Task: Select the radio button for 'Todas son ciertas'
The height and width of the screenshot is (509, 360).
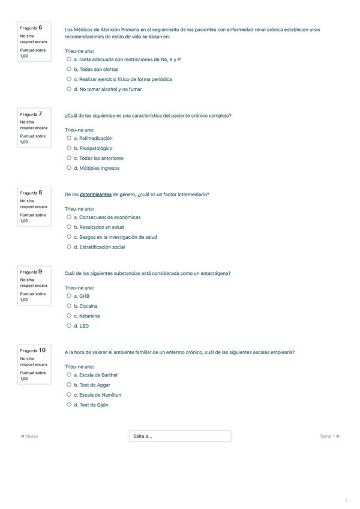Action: coord(70,70)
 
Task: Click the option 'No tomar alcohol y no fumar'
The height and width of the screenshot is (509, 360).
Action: coord(108,89)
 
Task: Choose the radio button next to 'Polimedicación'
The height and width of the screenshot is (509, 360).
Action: coord(70,138)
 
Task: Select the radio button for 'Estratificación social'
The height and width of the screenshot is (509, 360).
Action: coord(70,247)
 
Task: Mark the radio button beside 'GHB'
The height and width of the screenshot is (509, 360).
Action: coord(70,296)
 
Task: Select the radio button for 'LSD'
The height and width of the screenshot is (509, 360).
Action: coord(70,326)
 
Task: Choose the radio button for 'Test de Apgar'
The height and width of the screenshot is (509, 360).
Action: coord(70,385)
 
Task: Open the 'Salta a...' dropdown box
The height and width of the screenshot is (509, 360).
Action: coord(180,436)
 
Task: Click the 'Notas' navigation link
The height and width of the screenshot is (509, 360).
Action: coord(29,436)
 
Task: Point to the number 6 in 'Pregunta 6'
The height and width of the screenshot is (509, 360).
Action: coord(40,28)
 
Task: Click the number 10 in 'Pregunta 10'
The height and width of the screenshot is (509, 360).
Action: coord(41,350)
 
